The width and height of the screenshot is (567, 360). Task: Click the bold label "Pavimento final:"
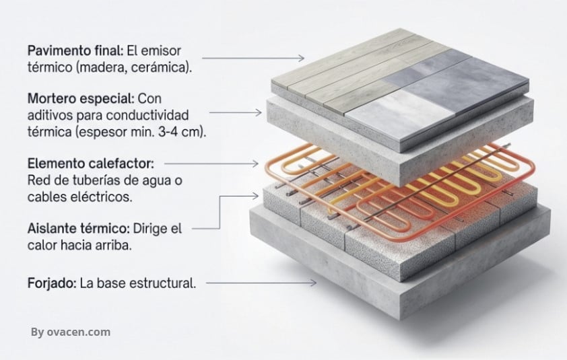coord(75,50)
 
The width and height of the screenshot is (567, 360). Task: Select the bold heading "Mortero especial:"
coord(81,98)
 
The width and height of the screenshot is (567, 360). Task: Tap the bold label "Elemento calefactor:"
coord(91,164)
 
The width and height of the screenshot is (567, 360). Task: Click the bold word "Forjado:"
coord(52,283)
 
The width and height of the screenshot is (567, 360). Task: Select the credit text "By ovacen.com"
coord(71,332)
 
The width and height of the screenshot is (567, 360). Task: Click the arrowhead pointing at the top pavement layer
coord(301,58)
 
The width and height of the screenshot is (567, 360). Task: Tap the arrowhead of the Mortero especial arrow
coord(259,112)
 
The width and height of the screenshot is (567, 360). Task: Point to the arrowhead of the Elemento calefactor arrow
coord(255,164)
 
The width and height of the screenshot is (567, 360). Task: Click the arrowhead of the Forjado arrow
coord(313,283)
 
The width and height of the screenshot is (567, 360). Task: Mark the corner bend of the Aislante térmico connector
coord(220,196)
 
